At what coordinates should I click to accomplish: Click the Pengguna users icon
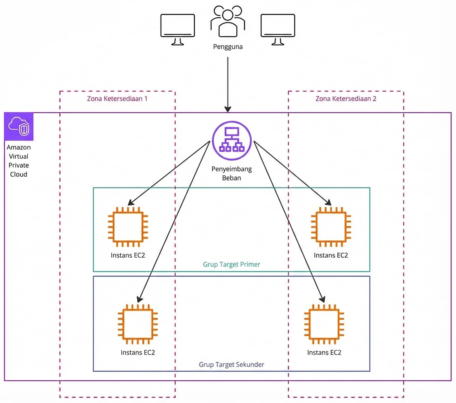tap(228, 21)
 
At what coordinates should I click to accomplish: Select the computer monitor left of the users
tap(177, 29)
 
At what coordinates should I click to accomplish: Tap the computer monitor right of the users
tap(278, 29)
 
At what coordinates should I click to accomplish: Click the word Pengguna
tap(228, 47)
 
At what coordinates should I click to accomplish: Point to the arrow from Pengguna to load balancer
tap(228, 83)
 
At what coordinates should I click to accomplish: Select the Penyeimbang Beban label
tap(232, 173)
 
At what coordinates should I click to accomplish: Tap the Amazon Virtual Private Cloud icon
tap(19, 126)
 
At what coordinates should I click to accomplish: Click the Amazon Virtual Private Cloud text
tap(19, 161)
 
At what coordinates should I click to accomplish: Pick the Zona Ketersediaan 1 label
tap(117, 99)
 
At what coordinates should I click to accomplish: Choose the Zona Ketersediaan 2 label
tap(346, 99)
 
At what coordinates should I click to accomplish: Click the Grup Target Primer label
tap(231, 264)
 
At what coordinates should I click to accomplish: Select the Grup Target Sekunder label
tap(231, 365)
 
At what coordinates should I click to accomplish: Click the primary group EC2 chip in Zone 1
tap(128, 227)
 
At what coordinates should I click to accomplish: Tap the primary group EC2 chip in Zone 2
tap(331, 227)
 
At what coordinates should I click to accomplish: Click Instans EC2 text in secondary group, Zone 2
tap(324, 353)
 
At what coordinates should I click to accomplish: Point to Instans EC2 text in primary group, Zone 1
tap(128, 255)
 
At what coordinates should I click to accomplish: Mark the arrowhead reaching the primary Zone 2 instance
tap(329, 203)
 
